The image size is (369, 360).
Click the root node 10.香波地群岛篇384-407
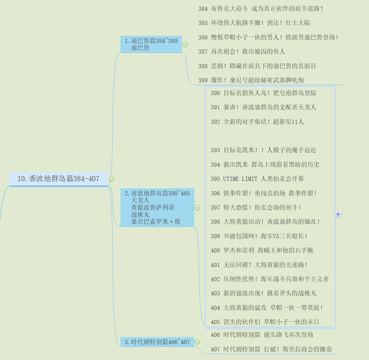[x=58, y=179]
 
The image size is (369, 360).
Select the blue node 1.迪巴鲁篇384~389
[x=151, y=44]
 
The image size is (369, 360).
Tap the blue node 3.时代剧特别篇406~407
[x=157, y=342]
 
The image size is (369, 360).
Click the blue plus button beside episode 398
[x=338, y=214]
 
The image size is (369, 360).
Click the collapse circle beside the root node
[x=111, y=179]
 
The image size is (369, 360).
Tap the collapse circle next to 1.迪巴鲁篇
[x=185, y=44]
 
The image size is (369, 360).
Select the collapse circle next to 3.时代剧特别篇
[x=198, y=342]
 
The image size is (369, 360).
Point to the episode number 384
[x=203, y=9]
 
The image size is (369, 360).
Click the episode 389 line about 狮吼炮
[x=257, y=80]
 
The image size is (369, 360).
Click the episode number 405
[x=215, y=322]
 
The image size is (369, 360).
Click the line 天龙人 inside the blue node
[x=140, y=200]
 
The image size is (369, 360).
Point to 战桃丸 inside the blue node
[x=140, y=214]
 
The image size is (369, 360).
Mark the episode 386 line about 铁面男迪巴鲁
[x=275, y=37]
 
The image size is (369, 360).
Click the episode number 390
[x=215, y=93]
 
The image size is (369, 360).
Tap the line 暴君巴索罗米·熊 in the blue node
[x=156, y=222]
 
